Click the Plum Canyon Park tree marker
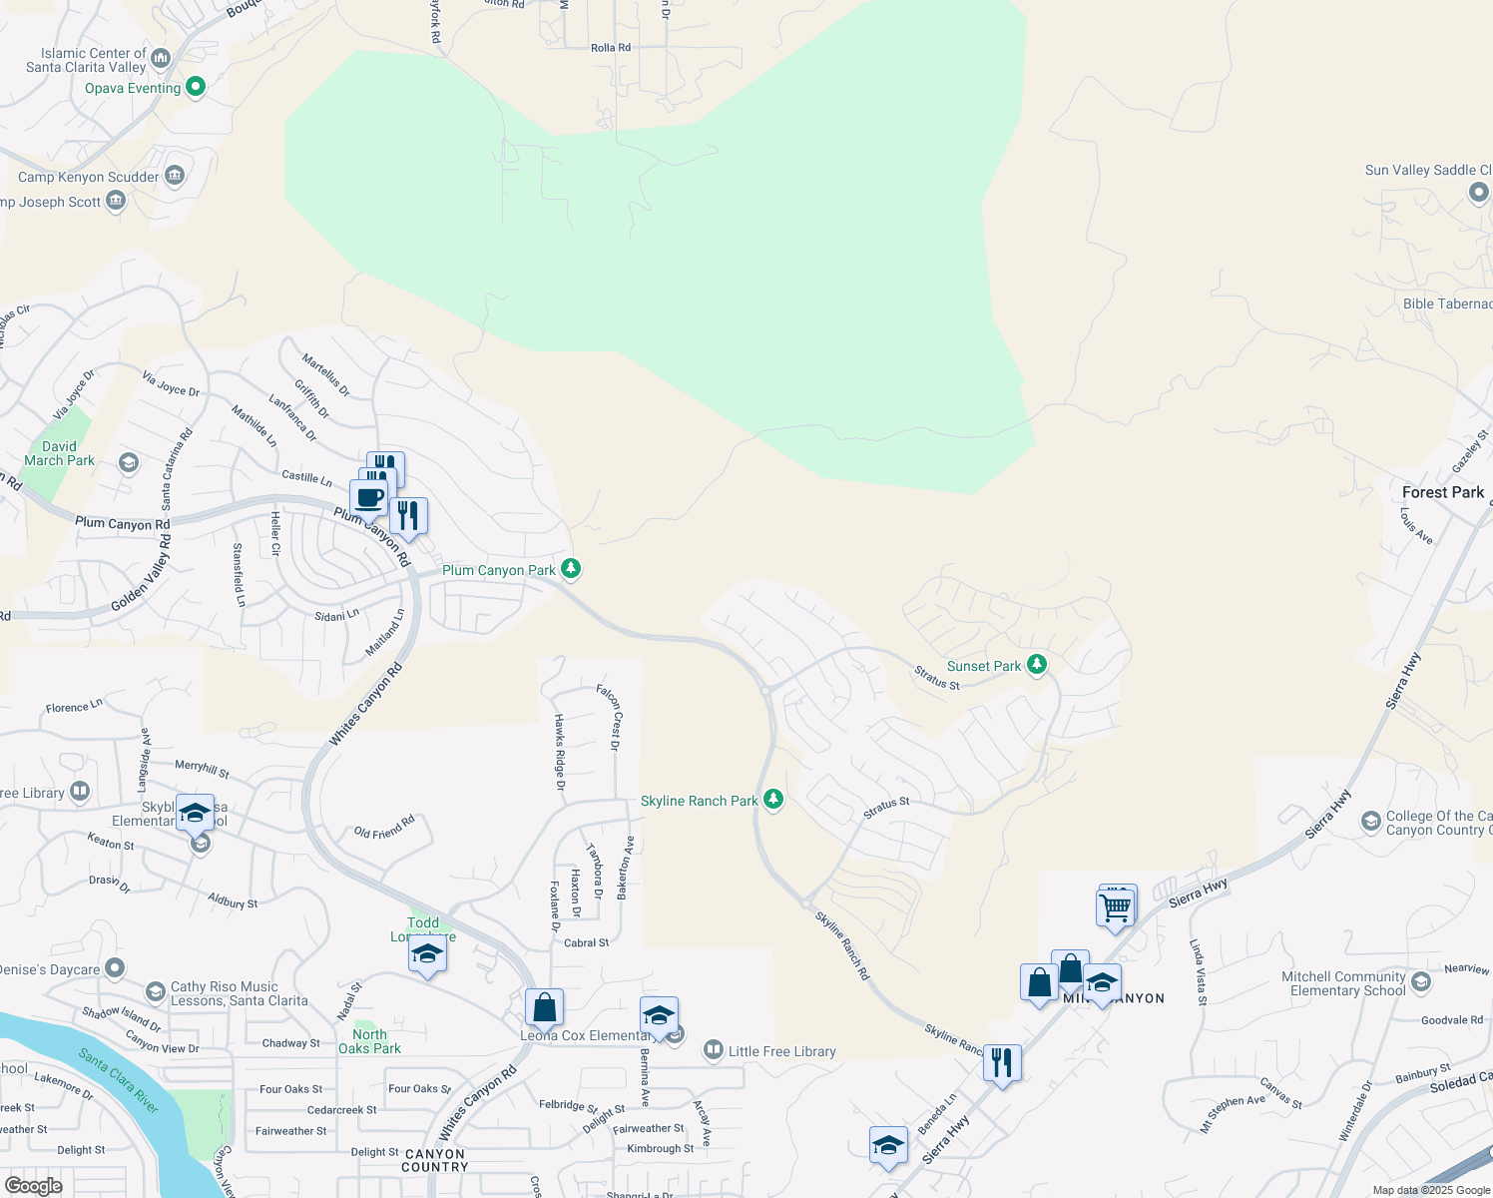571,569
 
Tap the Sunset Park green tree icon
1037,664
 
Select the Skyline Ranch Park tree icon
773,799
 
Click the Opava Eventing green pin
196,87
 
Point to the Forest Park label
1443,492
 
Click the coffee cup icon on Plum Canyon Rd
369,497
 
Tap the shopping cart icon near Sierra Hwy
1115,907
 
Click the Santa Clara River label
119,1081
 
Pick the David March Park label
59,454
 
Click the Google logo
33,1186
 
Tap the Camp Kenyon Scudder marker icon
175,176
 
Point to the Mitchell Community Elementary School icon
1421,982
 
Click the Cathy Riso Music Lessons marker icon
155,991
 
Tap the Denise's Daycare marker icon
115,967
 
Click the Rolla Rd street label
611,48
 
